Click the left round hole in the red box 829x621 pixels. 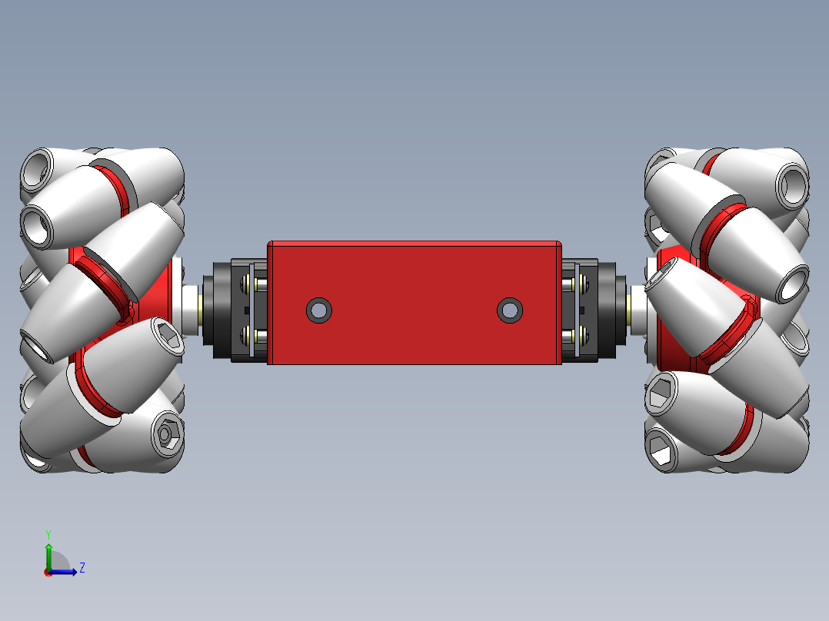pyautogui.click(x=319, y=310)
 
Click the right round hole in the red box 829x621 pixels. pyautogui.click(x=509, y=310)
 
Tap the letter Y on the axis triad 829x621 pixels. pyautogui.click(x=48, y=533)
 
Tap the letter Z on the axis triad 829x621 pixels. pyautogui.click(x=82, y=568)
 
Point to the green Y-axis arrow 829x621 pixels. pyautogui.click(x=48, y=553)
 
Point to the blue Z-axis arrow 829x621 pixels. pyautogui.click(x=66, y=571)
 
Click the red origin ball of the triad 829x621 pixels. pyautogui.click(x=48, y=572)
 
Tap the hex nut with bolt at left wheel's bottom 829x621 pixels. pyautogui.click(x=165, y=436)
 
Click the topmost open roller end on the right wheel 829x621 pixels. pyautogui.click(x=791, y=184)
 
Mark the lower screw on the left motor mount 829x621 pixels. pyautogui.click(x=256, y=336)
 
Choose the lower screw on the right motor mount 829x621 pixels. pyautogui.click(x=572, y=336)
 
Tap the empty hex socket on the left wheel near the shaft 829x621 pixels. pyautogui.click(x=165, y=337)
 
